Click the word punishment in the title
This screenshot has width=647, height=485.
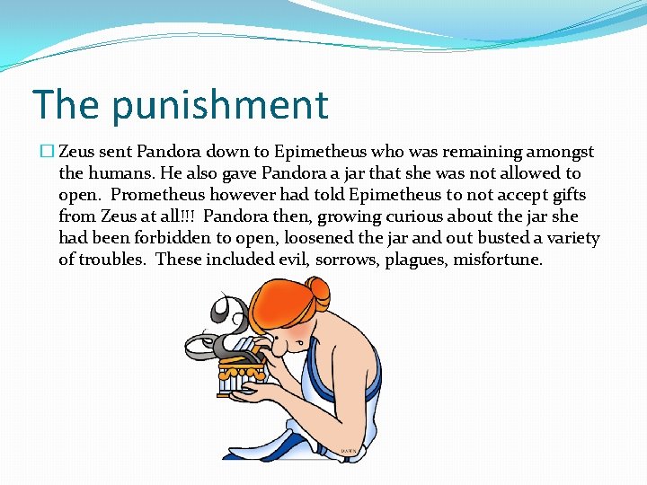click(221, 106)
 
